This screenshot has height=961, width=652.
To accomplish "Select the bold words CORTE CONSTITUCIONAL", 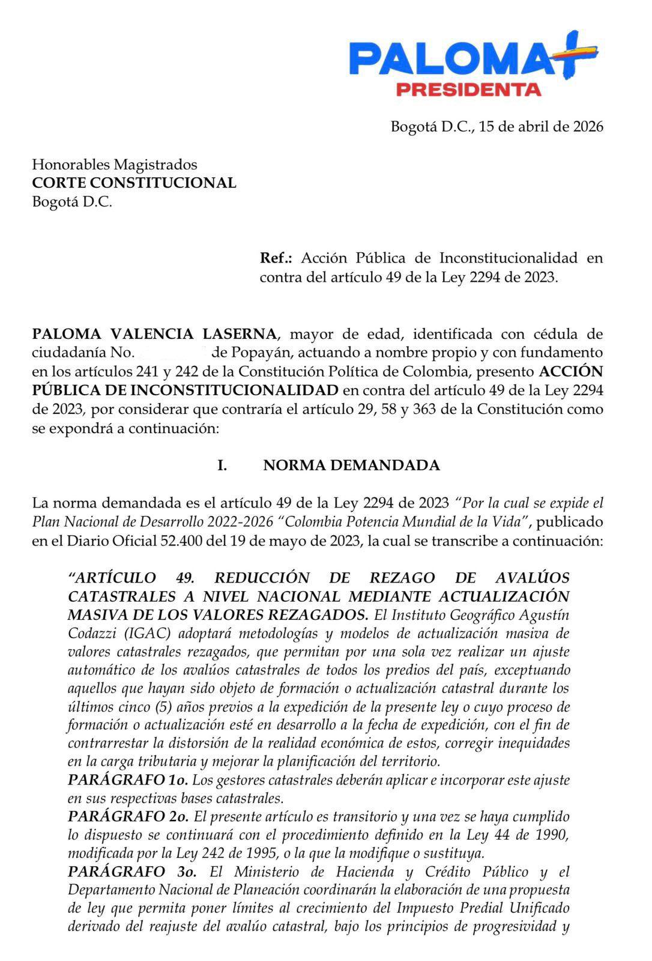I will (134, 183).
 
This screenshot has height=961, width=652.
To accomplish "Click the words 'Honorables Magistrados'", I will (114, 164).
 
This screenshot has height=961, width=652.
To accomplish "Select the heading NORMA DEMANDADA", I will (351, 465).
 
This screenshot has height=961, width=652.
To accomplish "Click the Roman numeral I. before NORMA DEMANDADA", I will (222, 465).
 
